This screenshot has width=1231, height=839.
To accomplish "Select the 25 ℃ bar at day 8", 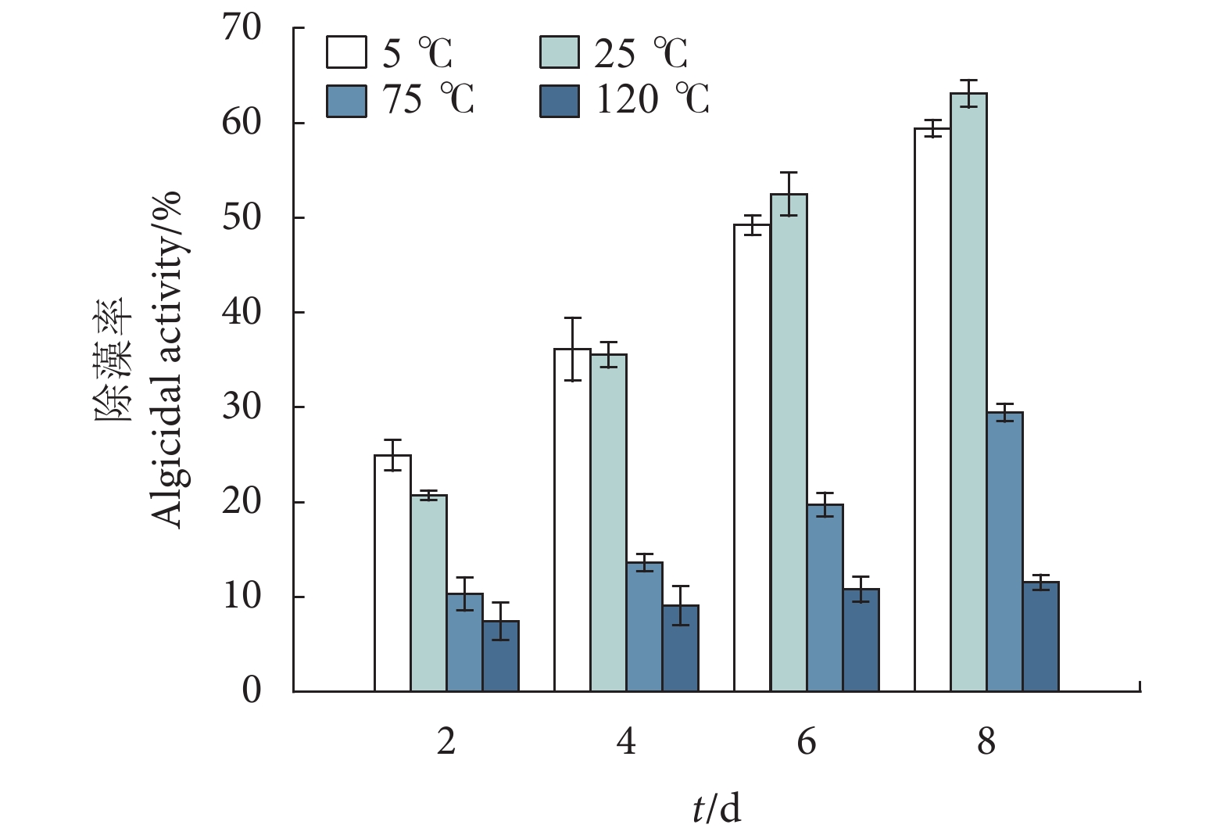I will (968, 392).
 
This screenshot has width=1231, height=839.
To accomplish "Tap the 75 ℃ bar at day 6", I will (825, 598).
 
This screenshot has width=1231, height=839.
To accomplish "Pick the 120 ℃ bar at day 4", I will (680, 648).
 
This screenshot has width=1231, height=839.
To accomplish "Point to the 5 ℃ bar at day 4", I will (572, 520).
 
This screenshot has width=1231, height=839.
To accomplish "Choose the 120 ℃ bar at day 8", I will (1040, 636).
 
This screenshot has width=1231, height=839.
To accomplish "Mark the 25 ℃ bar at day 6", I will (789, 443).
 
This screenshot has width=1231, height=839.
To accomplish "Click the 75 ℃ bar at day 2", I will (464, 643).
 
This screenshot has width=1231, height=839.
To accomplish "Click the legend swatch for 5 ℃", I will (346, 52).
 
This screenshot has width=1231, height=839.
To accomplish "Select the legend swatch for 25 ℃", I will (560, 52).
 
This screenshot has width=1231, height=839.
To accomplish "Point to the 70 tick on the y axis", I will (242, 28).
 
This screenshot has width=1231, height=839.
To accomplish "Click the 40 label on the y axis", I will (242, 313).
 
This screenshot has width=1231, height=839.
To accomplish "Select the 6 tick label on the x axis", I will (807, 740).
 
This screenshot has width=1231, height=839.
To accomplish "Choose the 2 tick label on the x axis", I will (446, 740).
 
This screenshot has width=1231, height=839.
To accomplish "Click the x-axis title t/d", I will (716, 809).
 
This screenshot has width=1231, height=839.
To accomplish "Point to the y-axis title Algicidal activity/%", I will (166, 360).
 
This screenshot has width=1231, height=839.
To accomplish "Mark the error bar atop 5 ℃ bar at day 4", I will (572, 349).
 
